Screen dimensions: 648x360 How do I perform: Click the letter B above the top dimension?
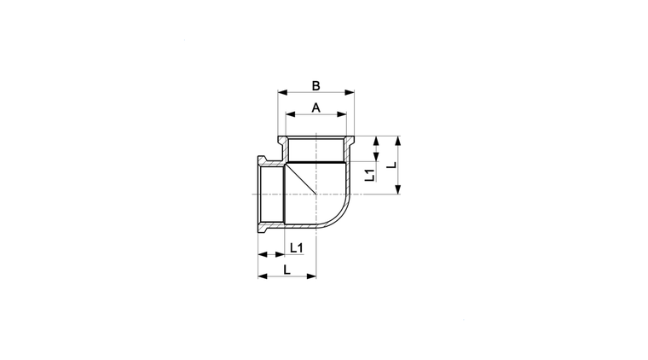[x=315, y=86]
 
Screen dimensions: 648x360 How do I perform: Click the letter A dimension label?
[x=315, y=107]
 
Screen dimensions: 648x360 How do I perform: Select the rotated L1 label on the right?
[x=370, y=175]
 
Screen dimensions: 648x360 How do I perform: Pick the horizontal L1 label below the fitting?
[x=297, y=248]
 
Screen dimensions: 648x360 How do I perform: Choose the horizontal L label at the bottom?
[x=286, y=270]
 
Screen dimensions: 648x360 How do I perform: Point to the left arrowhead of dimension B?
[x=283, y=93]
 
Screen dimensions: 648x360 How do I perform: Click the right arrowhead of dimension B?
[x=350, y=93]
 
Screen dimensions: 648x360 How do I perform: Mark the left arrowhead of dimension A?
[x=291, y=114]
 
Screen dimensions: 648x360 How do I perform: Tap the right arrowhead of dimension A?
[x=342, y=114]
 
